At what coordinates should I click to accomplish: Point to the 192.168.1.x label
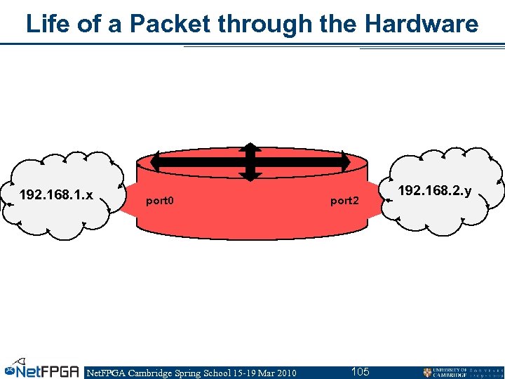tap(56, 194)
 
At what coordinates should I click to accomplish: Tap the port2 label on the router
tap(344, 201)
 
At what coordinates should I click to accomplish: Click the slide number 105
tap(360, 371)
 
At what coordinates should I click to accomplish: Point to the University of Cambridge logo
tap(462, 372)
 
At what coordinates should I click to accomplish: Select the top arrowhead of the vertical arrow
tap(250, 147)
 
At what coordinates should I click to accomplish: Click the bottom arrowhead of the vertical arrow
tap(250, 177)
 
